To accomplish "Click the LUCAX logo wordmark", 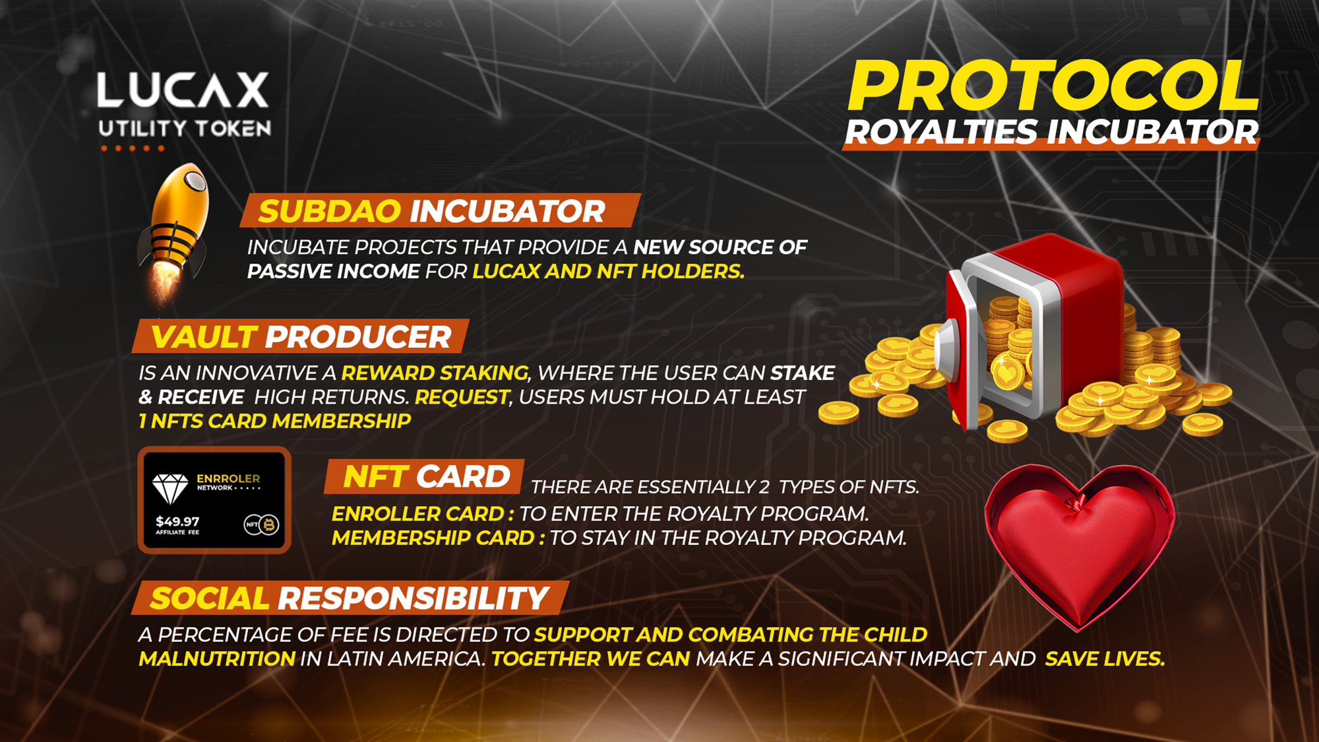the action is pyautogui.click(x=183, y=90).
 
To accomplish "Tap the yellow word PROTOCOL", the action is pyautogui.click(x=1053, y=86).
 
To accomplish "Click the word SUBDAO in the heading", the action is pyautogui.click(x=329, y=212).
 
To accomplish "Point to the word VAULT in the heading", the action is pyautogui.click(x=203, y=338).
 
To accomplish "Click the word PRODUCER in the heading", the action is pyautogui.click(x=358, y=338).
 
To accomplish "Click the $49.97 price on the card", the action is pyautogui.click(x=177, y=521).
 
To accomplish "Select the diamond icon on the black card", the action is pyautogui.click(x=170, y=489).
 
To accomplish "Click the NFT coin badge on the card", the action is pyautogui.click(x=262, y=524).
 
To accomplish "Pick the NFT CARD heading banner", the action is pyautogui.click(x=425, y=476).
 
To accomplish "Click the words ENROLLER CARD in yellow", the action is pyautogui.click(x=417, y=514).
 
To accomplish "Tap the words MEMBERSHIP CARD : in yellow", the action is pyautogui.click(x=439, y=538).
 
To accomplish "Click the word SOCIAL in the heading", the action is pyautogui.click(x=210, y=599).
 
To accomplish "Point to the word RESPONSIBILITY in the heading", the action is pyautogui.click(x=413, y=599).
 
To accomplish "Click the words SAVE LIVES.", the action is pyautogui.click(x=1105, y=659).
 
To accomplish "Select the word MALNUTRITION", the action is pyautogui.click(x=217, y=659).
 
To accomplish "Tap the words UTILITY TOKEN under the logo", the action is pyautogui.click(x=185, y=129).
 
